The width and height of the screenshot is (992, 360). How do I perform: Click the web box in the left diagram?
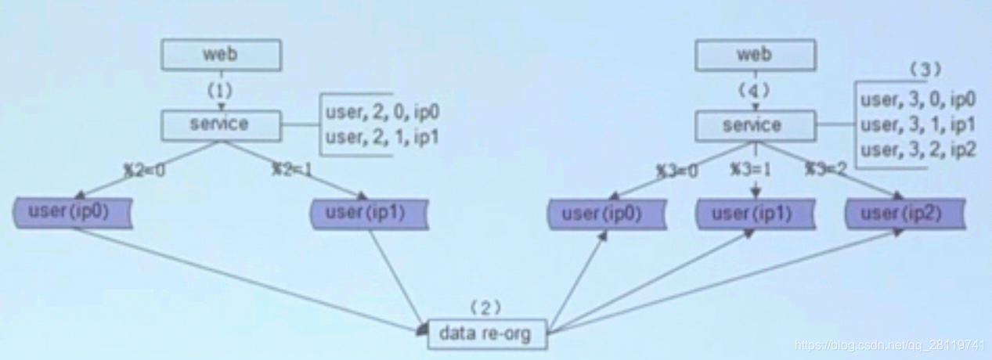pyautogui.click(x=221, y=55)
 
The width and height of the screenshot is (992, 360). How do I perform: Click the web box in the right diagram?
pyautogui.click(x=755, y=55)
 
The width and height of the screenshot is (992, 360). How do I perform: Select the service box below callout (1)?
pyautogui.click(x=221, y=124)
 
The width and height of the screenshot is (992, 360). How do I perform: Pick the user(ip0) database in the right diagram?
pyautogui.click(x=607, y=214)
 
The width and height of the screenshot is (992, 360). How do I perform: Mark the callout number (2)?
pyautogui.click(x=485, y=308)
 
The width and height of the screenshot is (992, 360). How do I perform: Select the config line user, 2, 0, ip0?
pyautogui.click(x=382, y=113)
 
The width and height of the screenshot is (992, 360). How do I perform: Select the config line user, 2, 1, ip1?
pyautogui.click(x=382, y=138)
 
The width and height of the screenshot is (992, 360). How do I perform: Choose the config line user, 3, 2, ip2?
pyautogui.click(x=918, y=149)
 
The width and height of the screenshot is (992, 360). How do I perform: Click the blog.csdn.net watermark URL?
pyautogui.click(x=889, y=345)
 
